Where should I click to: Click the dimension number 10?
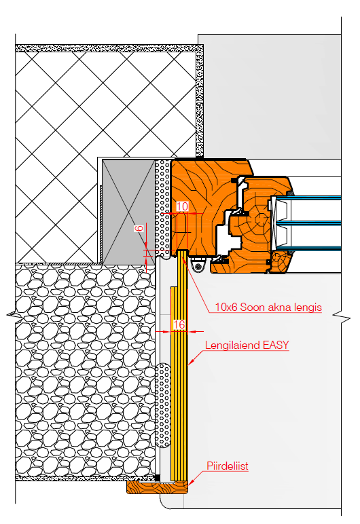coord(182,206)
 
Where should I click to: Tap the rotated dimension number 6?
coord(139,228)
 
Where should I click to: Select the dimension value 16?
coord(179,324)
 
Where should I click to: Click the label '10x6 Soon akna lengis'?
coord(268,307)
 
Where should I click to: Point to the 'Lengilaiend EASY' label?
coord(247,345)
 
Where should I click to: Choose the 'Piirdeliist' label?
coord(228,466)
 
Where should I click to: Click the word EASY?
coord(276,345)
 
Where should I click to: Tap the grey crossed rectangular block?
coord(128,212)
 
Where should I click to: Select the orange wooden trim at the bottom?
coord(158,487)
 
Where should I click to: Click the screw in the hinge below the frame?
coord(199,266)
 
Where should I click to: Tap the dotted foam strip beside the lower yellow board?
coord(163,405)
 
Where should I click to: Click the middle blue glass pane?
coord(308,223)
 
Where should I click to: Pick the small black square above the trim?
coord(158,479)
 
